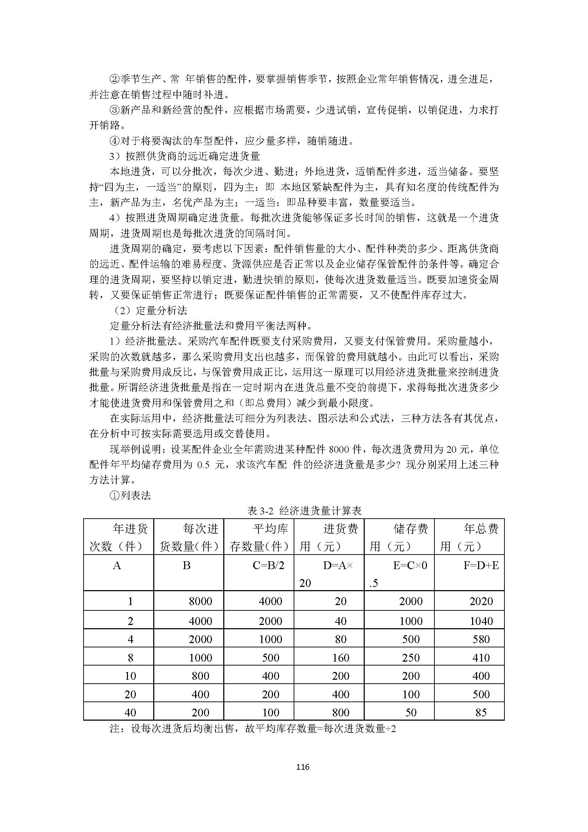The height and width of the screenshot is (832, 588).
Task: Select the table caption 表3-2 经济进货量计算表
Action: click(304, 511)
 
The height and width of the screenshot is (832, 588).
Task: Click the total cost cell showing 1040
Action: click(481, 621)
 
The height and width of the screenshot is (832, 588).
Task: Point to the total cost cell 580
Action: click(481, 639)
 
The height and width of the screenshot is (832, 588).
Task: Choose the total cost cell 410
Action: click(481, 658)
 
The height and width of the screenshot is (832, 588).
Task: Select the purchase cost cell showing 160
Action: click(340, 658)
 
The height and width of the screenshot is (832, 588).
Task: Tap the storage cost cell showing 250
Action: click(411, 658)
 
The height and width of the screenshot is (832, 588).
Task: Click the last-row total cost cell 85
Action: click(481, 712)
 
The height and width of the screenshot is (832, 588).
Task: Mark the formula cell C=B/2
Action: click(268, 565)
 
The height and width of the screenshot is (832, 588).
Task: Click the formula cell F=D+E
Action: click(481, 565)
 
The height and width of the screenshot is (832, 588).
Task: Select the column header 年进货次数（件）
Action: click(118, 537)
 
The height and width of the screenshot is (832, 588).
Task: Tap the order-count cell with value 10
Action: click(130, 676)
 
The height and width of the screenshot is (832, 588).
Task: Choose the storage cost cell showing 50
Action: click(411, 712)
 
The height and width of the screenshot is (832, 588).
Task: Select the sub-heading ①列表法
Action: click(130, 496)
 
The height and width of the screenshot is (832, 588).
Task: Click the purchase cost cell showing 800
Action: click(340, 712)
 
